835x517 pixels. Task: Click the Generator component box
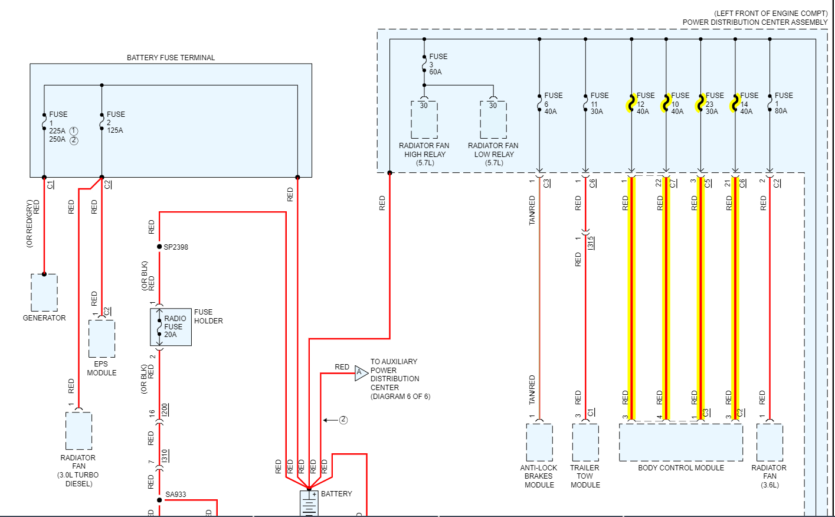pos(44,293)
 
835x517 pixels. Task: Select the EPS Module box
pos(101,339)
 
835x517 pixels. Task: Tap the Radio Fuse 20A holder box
pos(171,327)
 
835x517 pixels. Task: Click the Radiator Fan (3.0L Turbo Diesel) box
pos(78,431)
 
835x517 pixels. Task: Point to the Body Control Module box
pos(681,443)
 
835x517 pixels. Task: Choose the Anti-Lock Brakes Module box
pos(539,443)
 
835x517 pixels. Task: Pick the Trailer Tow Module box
pos(585,443)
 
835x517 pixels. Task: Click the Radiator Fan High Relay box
pos(424,120)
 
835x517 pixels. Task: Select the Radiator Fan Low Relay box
pos(493,120)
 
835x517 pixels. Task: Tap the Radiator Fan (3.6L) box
pos(769,443)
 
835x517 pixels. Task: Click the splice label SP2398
pos(176,247)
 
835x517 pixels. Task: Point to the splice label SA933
pos(175,495)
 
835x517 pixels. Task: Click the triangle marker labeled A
pos(361,372)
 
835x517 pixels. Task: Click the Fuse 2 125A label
pos(115,122)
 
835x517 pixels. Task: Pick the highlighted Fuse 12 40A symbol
pos(631,103)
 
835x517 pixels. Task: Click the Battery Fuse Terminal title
pos(171,58)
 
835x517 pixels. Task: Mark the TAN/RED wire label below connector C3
pos(532,211)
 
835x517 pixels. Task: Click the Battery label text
pos(336,494)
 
